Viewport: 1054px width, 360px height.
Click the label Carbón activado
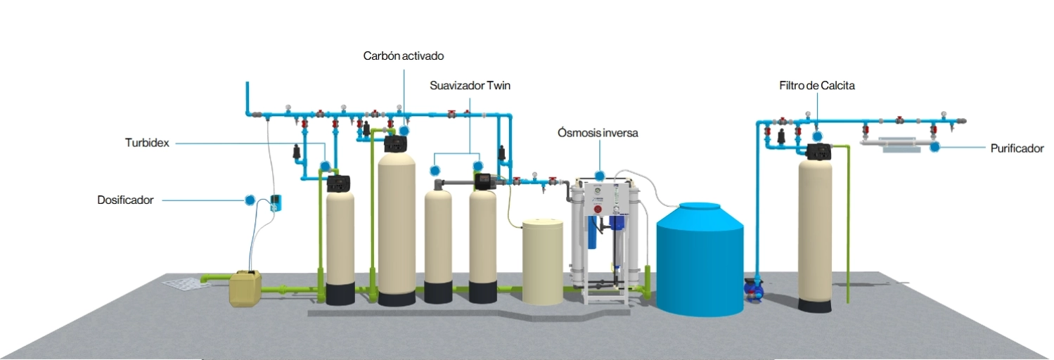pos(404,56)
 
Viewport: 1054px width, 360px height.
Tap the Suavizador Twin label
pos(470,86)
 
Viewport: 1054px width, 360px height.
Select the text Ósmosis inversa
pos(598,132)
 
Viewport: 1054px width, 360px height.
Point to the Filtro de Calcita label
pos(816,86)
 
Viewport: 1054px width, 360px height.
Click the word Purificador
pos(1017,148)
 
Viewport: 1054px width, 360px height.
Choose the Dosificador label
pos(125,200)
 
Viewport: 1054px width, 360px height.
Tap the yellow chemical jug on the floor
pos(245,288)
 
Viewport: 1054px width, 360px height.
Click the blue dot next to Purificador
pos(935,147)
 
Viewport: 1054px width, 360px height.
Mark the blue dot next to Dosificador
pos(250,200)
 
